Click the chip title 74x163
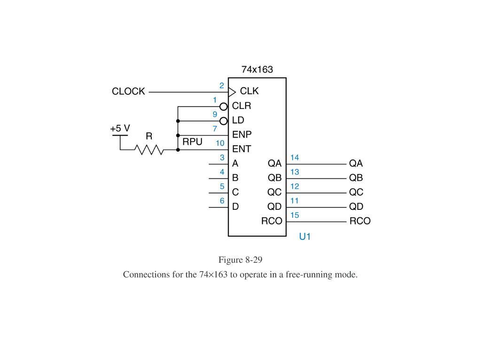[x=257, y=69]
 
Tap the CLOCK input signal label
[x=128, y=92]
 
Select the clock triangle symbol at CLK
[x=232, y=91]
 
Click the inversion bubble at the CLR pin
[x=224, y=107]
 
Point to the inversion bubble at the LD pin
[x=224, y=121]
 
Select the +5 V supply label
[x=120, y=128]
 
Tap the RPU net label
[x=192, y=141]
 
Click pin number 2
[x=222, y=85]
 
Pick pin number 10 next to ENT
[x=220, y=143]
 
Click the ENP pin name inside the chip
[x=241, y=135]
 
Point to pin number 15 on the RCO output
[x=295, y=215]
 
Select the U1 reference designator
[x=305, y=237]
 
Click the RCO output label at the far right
[x=360, y=221]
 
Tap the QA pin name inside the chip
[x=274, y=163]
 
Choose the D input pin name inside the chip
[x=235, y=207]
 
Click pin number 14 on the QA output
[x=295, y=158]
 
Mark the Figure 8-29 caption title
[x=240, y=260]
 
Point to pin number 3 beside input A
[x=222, y=158]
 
